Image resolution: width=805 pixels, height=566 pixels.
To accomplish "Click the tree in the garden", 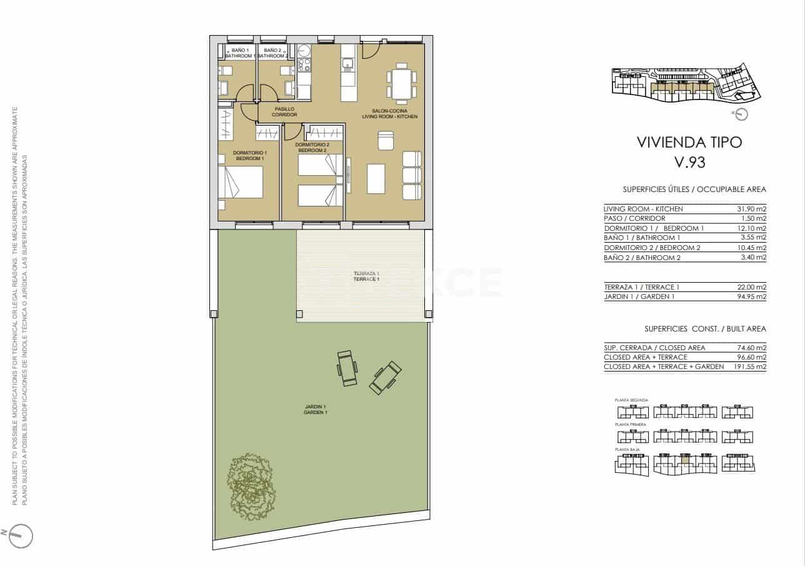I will [x=251, y=487].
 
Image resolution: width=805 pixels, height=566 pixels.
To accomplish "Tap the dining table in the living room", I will [x=401, y=83].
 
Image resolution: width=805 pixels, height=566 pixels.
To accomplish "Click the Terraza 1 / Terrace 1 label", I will [x=366, y=276].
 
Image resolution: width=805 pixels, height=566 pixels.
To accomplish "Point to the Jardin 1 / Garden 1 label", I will [x=315, y=410].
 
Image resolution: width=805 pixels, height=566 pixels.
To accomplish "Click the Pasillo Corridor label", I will [x=284, y=112].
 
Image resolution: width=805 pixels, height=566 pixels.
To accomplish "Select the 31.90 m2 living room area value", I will [x=752, y=209].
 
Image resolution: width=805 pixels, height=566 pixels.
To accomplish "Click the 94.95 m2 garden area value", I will [x=752, y=297].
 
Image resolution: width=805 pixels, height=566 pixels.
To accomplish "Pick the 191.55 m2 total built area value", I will [x=750, y=367].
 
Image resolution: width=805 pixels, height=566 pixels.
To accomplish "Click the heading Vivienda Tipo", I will [x=689, y=142].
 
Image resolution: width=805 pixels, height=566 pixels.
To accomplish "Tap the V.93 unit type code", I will [x=689, y=163].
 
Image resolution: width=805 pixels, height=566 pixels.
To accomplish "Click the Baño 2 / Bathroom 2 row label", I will [x=642, y=258].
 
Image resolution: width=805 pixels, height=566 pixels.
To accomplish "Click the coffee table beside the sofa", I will [x=376, y=178].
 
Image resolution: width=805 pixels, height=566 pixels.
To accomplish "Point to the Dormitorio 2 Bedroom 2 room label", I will [x=312, y=148].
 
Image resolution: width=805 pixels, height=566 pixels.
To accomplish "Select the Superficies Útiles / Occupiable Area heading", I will [x=694, y=190].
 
